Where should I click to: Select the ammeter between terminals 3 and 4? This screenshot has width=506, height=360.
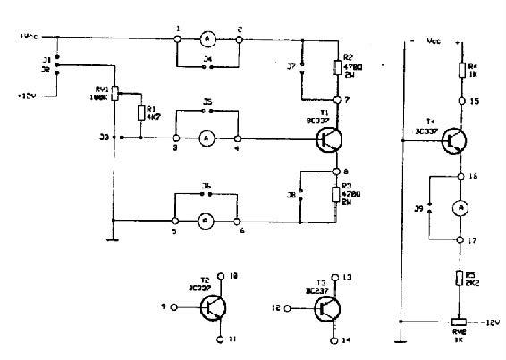(x=207, y=138)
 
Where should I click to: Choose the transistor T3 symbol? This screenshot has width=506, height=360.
(x=330, y=308)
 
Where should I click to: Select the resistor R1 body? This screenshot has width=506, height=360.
(x=141, y=113)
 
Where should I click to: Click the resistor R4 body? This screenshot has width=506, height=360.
(x=461, y=71)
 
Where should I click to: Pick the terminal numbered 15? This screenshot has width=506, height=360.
(x=461, y=101)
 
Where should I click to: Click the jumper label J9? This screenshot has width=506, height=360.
(x=418, y=209)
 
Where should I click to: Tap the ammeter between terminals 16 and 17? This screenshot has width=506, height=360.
(x=461, y=207)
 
